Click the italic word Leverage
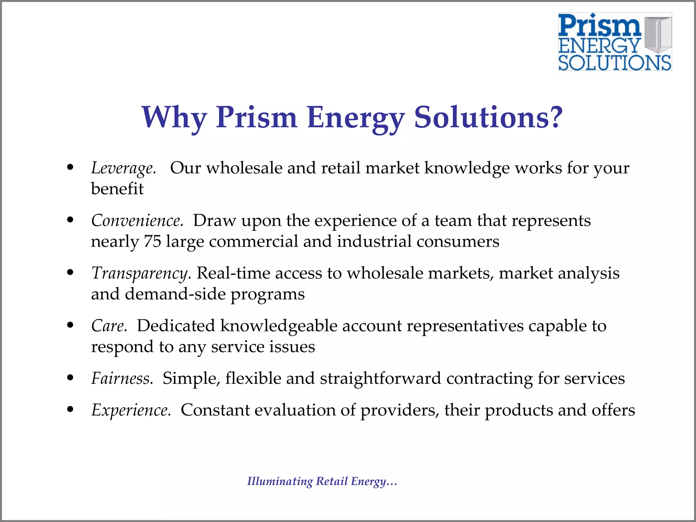coord(123,168)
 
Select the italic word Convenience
coord(137,221)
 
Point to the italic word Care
coord(109,326)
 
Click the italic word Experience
coord(131,410)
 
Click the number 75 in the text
coord(153,242)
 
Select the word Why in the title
coord(174,118)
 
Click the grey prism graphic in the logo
coord(658,34)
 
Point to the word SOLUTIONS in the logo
coord(614,63)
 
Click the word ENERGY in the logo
coord(599,46)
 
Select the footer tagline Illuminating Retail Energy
coord(322,482)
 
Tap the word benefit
coord(117,189)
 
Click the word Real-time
coord(233,273)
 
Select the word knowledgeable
coord(278,326)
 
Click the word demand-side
coord(175,294)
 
